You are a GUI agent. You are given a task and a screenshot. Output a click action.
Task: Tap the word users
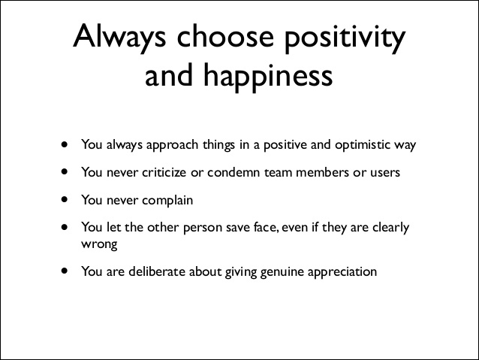383,172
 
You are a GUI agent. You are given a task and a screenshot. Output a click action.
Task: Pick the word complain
167,201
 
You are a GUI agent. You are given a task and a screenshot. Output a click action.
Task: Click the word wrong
98,244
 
